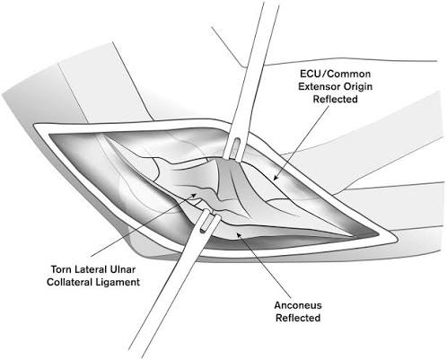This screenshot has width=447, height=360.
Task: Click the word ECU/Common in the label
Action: point(335,74)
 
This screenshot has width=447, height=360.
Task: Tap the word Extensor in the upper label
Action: point(319,86)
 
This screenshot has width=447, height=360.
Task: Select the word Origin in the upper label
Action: point(358,87)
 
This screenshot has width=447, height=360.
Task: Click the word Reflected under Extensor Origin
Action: point(335,99)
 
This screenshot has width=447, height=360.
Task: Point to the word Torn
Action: point(61,269)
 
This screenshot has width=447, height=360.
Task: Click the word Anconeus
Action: point(298,305)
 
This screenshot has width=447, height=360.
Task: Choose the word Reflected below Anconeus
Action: point(298,318)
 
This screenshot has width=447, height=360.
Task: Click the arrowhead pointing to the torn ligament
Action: point(194,196)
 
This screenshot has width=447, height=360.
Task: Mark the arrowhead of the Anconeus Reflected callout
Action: point(239,234)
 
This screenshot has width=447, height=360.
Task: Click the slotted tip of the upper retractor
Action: point(234,148)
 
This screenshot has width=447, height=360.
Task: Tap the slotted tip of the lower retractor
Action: point(207,221)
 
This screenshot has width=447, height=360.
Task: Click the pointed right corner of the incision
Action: point(397,239)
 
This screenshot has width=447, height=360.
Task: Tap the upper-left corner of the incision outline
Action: point(35,126)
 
